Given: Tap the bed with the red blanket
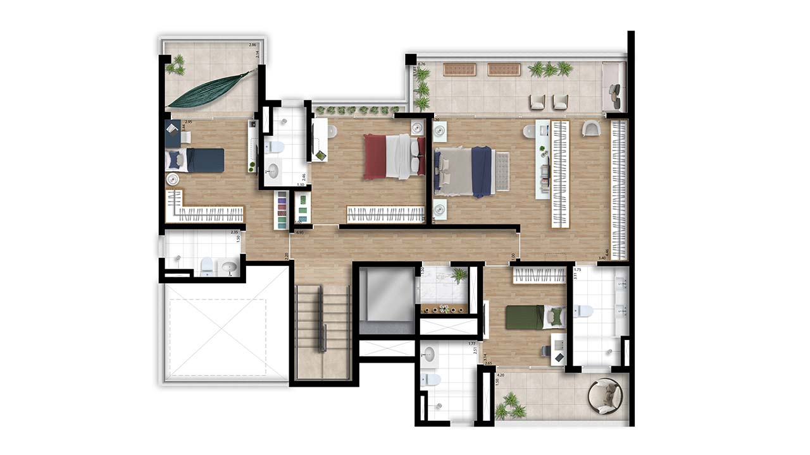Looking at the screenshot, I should tap(393, 155).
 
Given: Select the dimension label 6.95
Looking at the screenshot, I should tap(301, 233).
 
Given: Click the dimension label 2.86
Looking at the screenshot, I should tap(252, 45).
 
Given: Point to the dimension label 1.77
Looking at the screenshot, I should tap(471, 344).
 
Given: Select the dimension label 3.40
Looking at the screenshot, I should tap(602, 258).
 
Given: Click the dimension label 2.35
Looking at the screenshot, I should tap(234, 232).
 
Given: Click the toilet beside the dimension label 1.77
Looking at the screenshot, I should tap(432, 380).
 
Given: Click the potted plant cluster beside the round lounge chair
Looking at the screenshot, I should tap(510, 406).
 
